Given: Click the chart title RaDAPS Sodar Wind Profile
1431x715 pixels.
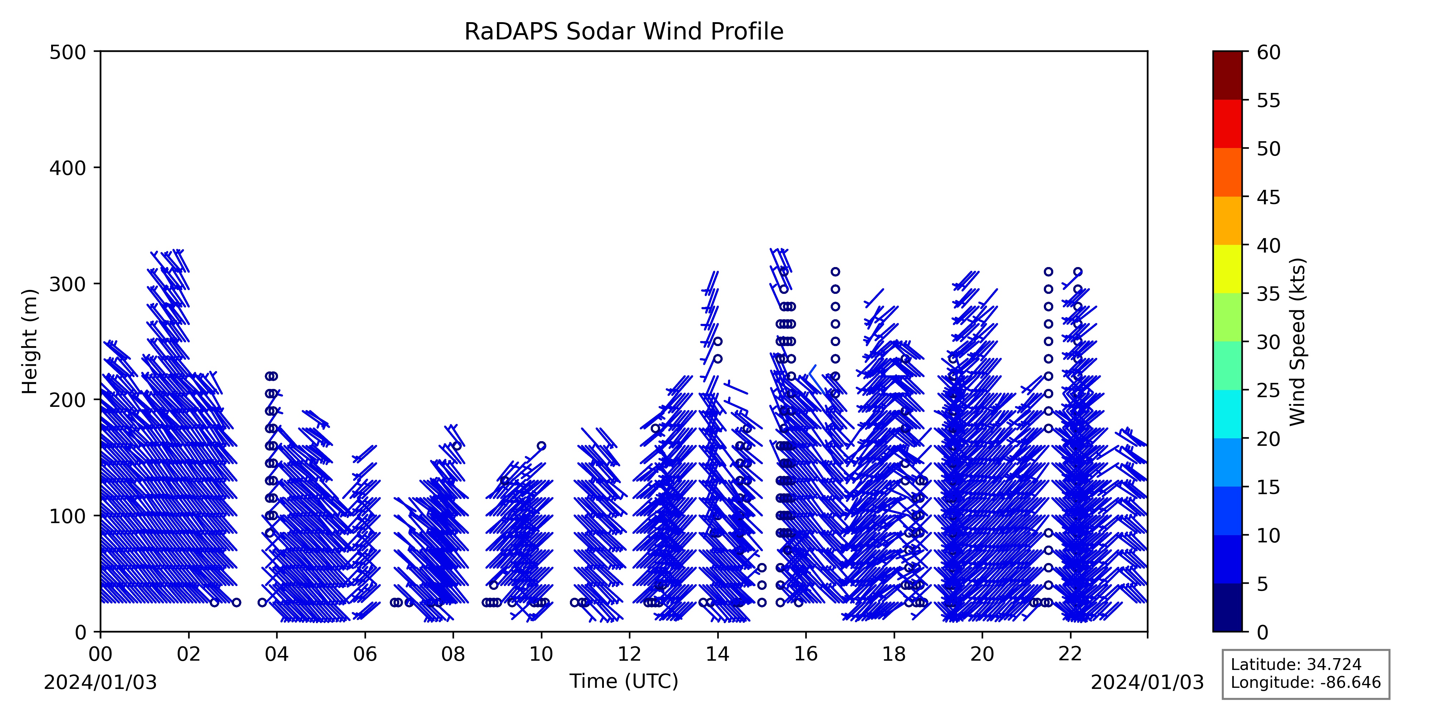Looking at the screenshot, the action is [624, 32].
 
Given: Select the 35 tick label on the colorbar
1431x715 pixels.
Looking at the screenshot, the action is [1269, 294].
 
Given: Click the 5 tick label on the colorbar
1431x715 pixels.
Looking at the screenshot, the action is [1263, 584].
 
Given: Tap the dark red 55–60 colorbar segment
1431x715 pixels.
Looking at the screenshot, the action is [1227, 75].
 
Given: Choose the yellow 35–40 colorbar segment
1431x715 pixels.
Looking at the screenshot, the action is [1227, 269].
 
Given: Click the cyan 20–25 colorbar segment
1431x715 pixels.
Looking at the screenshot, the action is [1227, 414].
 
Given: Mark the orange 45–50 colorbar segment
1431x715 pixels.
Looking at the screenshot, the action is [1227, 172].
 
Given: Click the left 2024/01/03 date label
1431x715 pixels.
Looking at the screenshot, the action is [101, 683].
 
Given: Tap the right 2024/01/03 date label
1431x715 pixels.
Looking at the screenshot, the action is [1148, 683].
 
